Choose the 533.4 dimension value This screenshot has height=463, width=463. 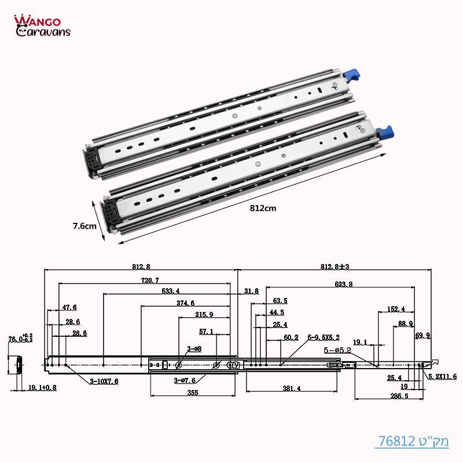[169, 291]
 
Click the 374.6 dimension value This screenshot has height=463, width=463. [185, 303]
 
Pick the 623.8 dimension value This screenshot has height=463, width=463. [343, 284]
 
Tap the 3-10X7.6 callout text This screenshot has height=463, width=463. [104, 381]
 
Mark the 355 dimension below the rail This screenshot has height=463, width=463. [193, 393]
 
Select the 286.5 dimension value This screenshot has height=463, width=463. [383, 397]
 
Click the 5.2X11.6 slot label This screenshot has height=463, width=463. [443, 376]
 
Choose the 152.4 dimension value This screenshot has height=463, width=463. [396, 309]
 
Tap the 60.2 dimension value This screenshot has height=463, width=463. [291, 337]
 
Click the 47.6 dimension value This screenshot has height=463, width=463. [70, 307]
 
